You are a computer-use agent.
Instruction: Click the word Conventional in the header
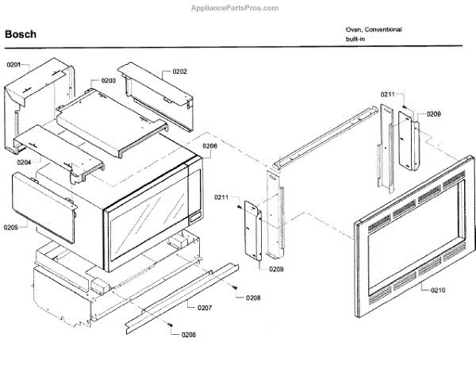(x=384, y=29)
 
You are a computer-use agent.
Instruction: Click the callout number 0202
(x=179, y=71)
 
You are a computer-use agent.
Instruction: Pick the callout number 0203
(x=109, y=81)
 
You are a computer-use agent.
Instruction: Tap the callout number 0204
(x=24, y=162)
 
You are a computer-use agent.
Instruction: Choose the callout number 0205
(x=11, y=228)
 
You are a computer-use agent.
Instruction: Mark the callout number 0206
(x=209, y=147)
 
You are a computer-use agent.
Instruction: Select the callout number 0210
(x=439, y=290)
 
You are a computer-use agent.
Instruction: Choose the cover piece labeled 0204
(x=59, y=151)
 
